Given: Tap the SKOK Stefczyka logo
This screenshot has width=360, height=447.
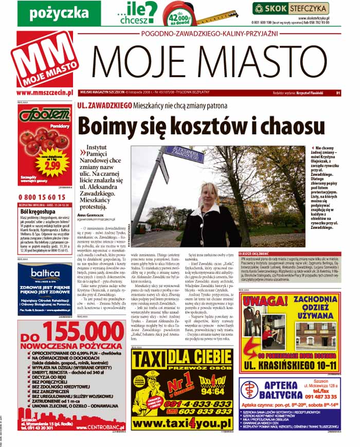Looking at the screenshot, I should (291, 8).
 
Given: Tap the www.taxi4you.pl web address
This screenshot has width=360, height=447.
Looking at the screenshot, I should (183, 423).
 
